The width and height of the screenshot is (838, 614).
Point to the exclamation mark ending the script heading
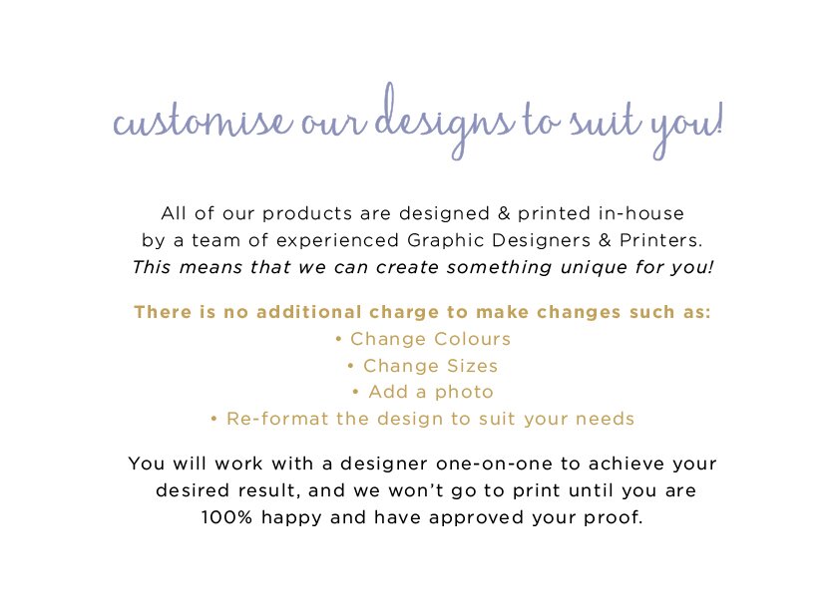point(719,118)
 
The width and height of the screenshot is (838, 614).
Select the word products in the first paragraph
point(307,213)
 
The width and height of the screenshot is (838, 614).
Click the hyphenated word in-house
point(641,213)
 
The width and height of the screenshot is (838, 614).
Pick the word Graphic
point(445,240)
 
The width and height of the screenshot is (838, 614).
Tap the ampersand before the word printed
point(504,213)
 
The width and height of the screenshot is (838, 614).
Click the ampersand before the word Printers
point(605,240)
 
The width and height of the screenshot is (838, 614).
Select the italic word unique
point(594,267)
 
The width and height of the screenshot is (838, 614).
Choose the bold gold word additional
point(309,312)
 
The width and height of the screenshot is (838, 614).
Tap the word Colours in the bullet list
point(472,339)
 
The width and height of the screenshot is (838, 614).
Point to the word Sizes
point(472,366)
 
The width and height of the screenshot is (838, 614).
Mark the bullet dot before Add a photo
point(355,393)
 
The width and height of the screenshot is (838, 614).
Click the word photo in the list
point(464,393)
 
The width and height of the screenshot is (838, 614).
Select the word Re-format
point(277,419)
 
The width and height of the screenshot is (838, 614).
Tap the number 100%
point(226,517)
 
